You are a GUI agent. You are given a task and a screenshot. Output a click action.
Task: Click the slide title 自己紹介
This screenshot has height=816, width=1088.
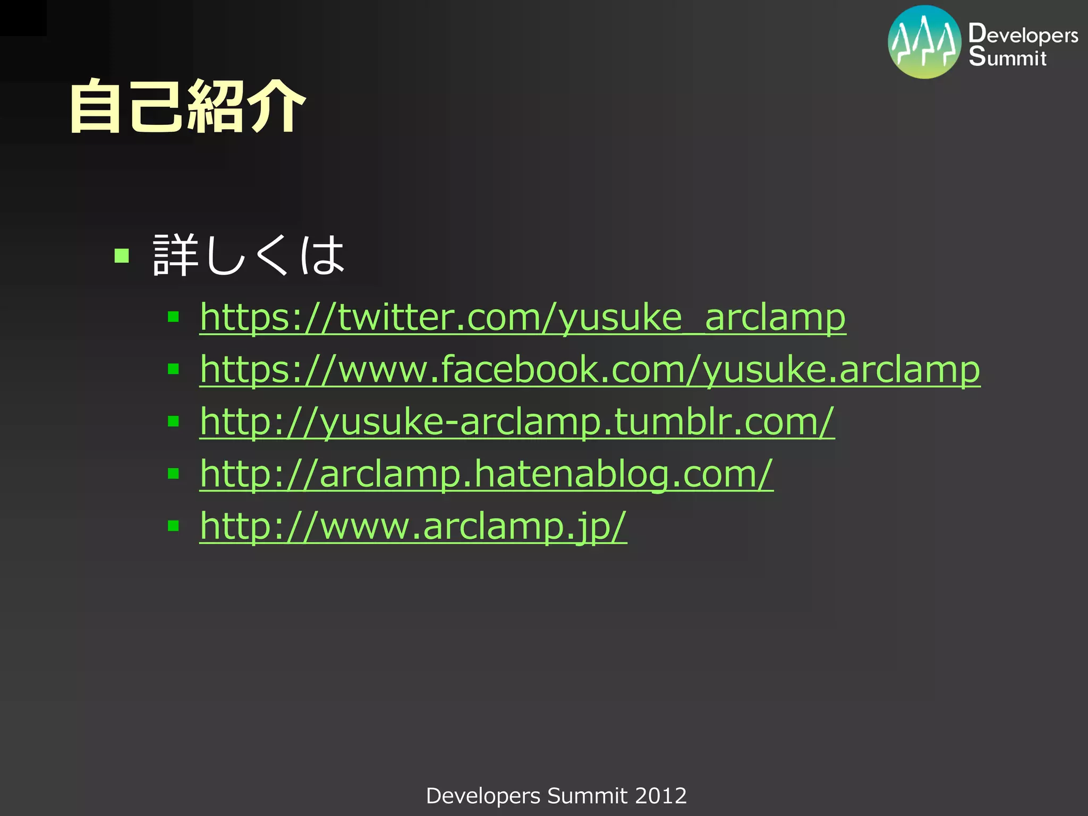(x=187, y=106)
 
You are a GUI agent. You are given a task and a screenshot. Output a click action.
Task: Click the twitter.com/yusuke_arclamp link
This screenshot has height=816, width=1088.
(x=522, y=317)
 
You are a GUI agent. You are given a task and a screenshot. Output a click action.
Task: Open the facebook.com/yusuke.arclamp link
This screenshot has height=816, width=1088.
(x=590, y=369)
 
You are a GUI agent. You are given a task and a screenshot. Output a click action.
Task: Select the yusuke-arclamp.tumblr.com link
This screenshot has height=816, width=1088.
(x=517, y=421)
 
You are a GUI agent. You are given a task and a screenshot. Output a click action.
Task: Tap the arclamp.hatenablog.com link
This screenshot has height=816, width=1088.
(x=486, y=473)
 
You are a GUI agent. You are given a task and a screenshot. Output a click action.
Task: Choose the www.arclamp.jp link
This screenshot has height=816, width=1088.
(x=413, y=525)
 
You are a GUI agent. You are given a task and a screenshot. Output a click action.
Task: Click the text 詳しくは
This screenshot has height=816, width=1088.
(x=249, y=256)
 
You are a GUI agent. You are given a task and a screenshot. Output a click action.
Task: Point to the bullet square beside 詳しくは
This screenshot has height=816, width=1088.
(x=122, y=256)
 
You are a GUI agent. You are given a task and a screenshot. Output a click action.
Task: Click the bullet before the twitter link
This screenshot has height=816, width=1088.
(x=173, y=317)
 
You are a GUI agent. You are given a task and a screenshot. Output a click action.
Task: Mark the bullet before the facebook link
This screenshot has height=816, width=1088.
(x=173, y=369)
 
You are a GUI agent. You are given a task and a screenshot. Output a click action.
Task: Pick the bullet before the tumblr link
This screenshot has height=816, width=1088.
(x=173, y=421)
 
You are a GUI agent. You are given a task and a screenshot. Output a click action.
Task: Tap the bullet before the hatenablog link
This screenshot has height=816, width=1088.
(x=173, y=473)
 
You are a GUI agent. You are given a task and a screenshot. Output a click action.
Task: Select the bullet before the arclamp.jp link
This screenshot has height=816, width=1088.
(x=173, y=525)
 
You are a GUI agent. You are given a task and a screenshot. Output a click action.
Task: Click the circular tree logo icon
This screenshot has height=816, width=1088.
(x=924, y=42)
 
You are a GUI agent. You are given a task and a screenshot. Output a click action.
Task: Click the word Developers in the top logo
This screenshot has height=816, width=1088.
(x=1023, y=35)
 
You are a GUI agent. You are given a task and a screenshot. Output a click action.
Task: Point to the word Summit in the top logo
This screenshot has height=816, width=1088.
(x=1007, y=57)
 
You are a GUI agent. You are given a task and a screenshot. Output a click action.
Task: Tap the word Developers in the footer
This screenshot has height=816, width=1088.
(x=483, y=796)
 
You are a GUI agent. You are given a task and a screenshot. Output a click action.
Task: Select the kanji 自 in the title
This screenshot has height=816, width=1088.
(x=96, y=106)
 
